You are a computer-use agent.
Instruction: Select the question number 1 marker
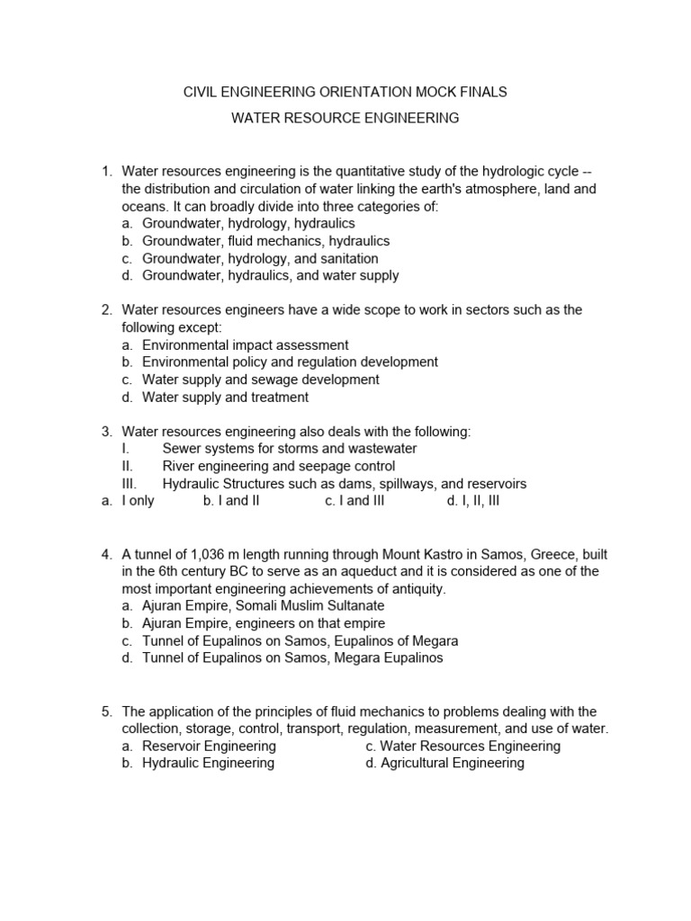pyautogui.click(x=106, y=172)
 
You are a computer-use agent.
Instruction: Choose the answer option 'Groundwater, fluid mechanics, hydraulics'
pyautogui.click(x=265, y=241)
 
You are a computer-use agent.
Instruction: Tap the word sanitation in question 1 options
pyautogui.click(x=346, y=258)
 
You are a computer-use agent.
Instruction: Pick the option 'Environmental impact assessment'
pyautogui.click(x=245, y=344)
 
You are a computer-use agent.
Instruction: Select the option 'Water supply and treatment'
pyautogui.click(x=225, y=397)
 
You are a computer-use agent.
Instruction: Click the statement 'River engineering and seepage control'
pyautogui.click(x=278, y=466)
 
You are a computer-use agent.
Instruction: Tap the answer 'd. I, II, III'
pyautogui.click(x=472, y=501)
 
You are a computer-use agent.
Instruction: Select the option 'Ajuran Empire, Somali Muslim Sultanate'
pyautogui.click(x=263, y=606)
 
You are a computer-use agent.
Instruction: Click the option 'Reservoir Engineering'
pyautogui.click(x=209, y=746)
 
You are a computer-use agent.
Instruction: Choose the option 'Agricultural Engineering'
pyautogui.click(x=444, y=763)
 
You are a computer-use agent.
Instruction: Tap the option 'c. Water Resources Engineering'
pyautogui.click(x=462, y=746)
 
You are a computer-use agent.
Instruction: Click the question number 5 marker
pyautogui.click(x=106, y=711)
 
